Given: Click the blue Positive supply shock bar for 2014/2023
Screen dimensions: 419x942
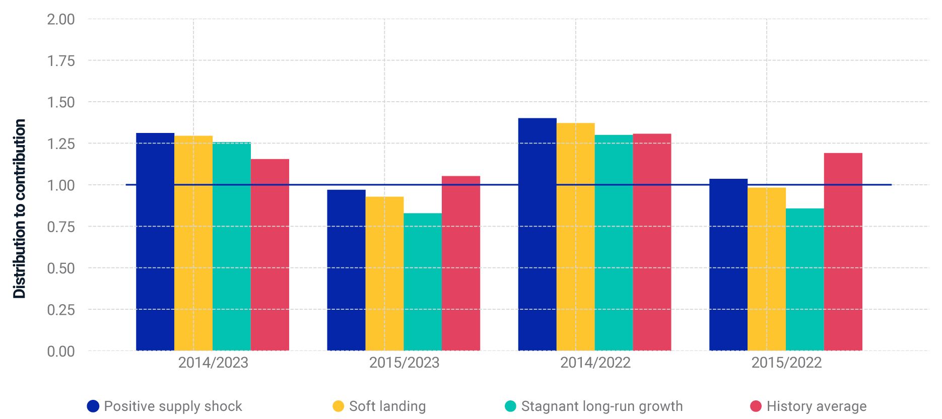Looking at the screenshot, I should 155,242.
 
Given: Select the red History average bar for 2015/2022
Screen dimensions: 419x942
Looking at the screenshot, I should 843,252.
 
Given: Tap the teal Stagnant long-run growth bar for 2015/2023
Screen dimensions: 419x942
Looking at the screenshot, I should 423,282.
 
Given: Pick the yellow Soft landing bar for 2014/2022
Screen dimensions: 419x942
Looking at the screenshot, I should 575,237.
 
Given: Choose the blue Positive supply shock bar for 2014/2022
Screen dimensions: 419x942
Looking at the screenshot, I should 537,234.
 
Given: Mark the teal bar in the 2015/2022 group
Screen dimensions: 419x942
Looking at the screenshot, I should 804,280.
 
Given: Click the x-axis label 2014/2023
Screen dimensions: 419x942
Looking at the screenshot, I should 213,363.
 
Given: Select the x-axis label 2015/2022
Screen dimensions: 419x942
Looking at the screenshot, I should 786,363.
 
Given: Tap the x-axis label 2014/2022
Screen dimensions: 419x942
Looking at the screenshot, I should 595,363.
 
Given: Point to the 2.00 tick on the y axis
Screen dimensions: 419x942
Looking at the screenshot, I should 60,19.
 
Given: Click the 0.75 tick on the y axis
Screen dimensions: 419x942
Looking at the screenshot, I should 60,227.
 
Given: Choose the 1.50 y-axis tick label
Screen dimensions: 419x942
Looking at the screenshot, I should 60,102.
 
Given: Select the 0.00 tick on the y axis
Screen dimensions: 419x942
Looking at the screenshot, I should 60,351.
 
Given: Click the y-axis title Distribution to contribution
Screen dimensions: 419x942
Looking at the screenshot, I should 19,208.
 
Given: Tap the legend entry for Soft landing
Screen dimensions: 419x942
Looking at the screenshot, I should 387,406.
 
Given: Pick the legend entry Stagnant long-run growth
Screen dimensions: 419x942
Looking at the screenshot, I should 601,406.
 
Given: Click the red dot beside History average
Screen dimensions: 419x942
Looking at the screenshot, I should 756,406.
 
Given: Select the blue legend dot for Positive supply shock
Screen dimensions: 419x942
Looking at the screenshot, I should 93,406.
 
